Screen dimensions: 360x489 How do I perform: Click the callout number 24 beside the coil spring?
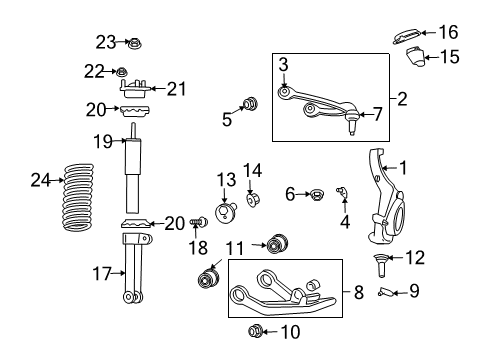(x=40, y=181)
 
